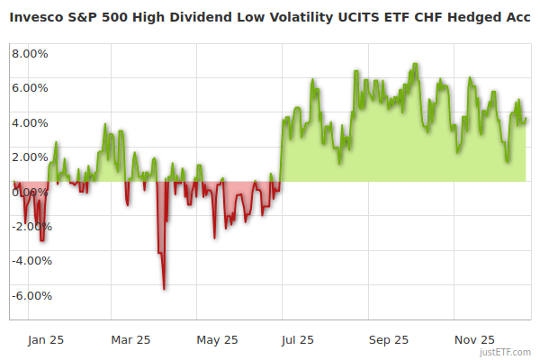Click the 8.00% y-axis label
pos(31,53)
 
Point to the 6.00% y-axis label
pos(31,87)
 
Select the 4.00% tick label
pos(31,122)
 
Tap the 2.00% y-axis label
pos(31,157)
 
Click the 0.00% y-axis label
pos(31,192)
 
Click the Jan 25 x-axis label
pos(45,339)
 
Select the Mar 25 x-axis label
pos(130,339)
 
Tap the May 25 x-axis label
pos(217,339)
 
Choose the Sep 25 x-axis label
pos(389,339)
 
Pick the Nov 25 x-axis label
pos(474,339)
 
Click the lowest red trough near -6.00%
pos(164,289)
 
